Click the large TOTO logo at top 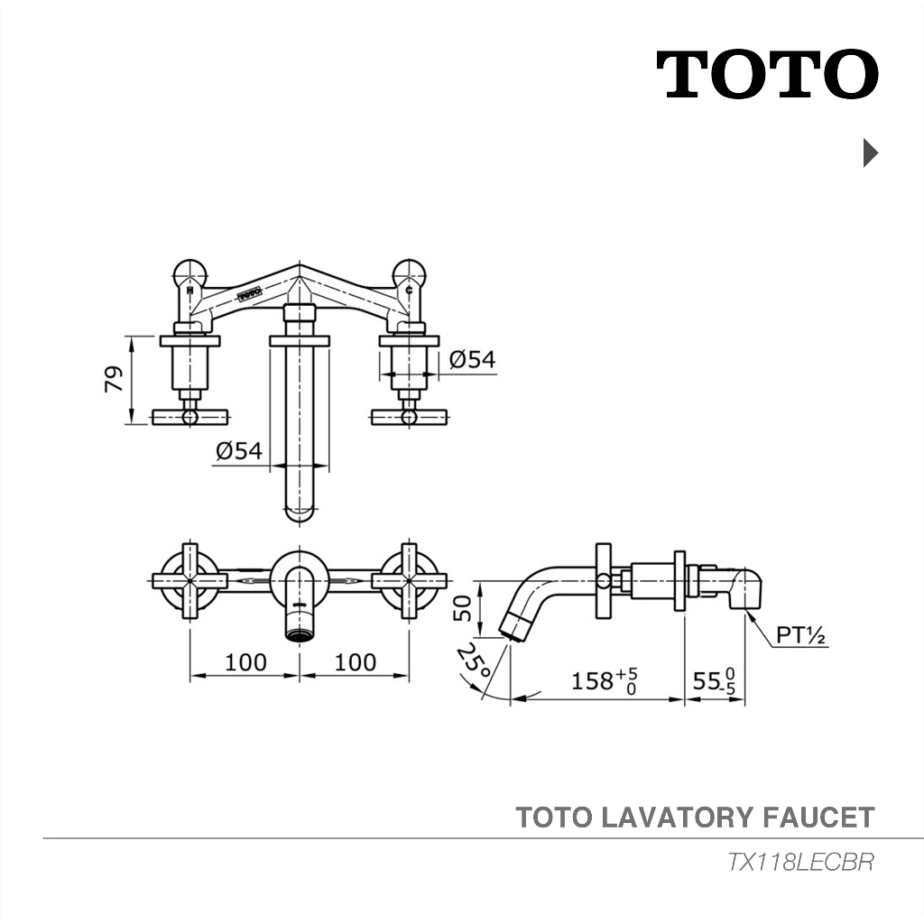tap(767, 74)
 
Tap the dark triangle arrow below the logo tap(871, 152)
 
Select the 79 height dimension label tap(115, 379)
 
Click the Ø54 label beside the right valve tap(472, 359)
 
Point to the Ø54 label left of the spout tap(238, 451)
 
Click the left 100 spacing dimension tap(245, 662)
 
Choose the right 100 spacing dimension tap(356, 662)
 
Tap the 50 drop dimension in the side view tap(463, 608)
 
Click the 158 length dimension tap(605, 681)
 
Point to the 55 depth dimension tap(714, 681)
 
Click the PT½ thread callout tap(801, 634)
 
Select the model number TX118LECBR tap(800, 862)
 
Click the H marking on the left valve tap(189, 290)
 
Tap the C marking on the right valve tap(409, 290)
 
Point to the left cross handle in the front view tap(189, 580)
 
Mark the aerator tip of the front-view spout tap(300, 635)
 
